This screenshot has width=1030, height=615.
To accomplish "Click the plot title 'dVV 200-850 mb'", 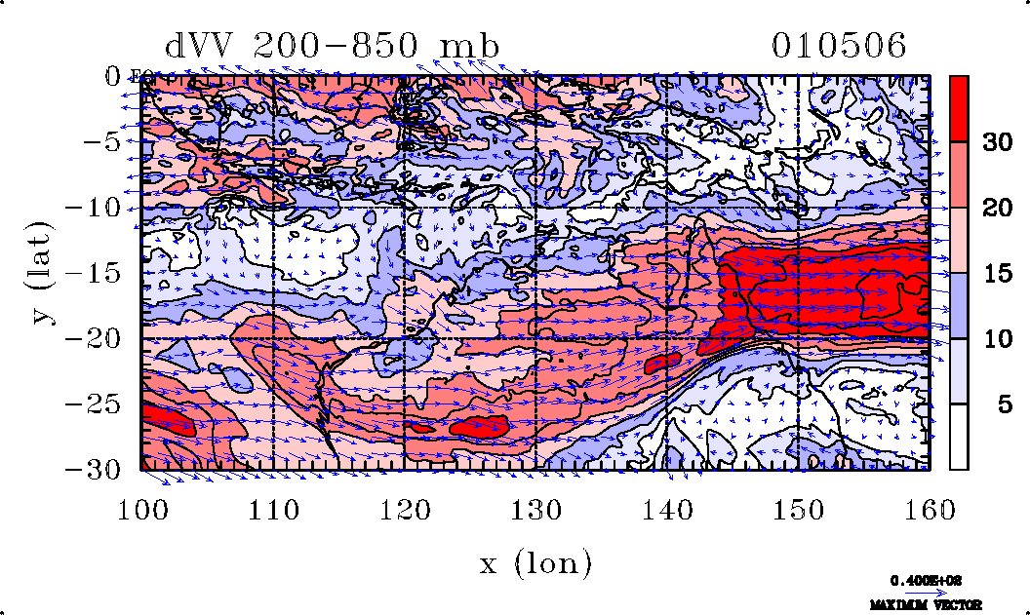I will coord(332,47).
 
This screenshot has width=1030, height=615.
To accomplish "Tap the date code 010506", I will coord(839,46).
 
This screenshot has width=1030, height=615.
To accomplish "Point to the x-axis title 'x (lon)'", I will coord(535,562).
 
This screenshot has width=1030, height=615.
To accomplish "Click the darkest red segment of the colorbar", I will coord(959,108).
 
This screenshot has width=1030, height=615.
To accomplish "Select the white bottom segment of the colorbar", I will coord(959,437).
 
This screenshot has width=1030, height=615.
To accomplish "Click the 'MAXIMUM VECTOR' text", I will coord(927,605).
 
